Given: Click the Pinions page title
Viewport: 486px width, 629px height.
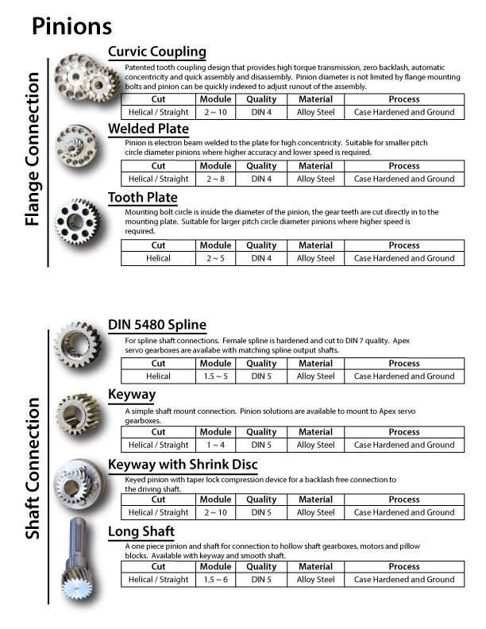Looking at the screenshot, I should click(71, 25).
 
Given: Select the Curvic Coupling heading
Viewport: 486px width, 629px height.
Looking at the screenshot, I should click(156, 52).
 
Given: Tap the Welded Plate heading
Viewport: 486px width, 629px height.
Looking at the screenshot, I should click(148, 129).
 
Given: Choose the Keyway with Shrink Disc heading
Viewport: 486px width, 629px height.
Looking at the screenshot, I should click(182, 464).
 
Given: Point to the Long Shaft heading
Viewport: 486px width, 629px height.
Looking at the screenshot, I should click(141, 531).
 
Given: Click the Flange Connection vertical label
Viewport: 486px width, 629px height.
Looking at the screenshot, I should click(33, 149).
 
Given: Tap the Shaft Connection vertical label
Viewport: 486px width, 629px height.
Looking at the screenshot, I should click(33, 469).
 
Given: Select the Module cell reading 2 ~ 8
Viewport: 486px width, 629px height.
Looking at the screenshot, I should click(215, 179).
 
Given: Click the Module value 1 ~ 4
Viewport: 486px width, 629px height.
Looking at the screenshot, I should click(215, 445).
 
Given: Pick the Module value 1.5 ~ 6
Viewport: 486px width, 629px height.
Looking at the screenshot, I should click(215, 580).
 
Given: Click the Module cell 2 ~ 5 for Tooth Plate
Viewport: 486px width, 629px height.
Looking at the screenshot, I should click(215, 258).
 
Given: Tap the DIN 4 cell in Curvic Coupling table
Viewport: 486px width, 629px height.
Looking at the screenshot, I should click(261, 112).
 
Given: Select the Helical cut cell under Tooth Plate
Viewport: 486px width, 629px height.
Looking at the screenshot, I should click(158, 258).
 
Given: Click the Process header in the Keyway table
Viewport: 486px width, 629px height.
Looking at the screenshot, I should click(404, 432).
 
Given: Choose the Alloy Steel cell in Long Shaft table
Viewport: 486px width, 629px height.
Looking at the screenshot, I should click(315, 580).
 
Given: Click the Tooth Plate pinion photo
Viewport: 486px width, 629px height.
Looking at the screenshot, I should click(80, 222).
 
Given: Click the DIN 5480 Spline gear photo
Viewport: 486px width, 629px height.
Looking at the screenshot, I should click(79, 346).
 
